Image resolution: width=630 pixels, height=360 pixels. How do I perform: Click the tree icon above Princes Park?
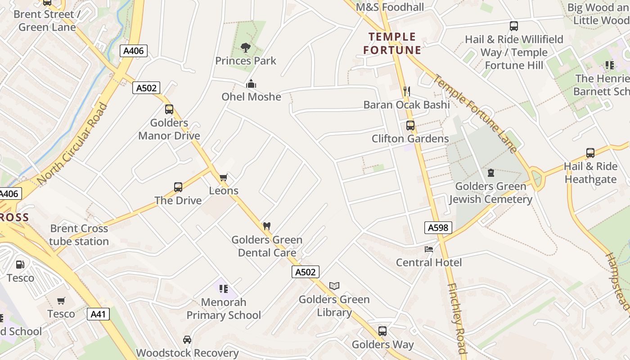245,47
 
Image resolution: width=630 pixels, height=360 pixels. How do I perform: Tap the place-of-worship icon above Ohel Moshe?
251,84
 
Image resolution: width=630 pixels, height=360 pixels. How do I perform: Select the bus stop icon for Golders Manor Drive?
169,109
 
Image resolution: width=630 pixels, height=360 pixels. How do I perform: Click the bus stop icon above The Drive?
178,187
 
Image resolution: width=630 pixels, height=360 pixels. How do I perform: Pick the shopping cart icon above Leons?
224,177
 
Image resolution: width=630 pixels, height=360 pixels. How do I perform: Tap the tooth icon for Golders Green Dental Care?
267,226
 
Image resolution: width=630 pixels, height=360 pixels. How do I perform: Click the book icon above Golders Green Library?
334,286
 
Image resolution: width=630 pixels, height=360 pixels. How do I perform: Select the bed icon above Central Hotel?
429,249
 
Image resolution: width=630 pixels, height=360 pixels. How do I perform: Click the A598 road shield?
438,228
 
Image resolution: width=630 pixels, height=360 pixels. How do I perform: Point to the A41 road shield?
98,314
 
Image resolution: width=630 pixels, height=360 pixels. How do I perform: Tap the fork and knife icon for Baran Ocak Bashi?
406,91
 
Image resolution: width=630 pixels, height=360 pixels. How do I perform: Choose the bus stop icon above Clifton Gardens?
410,126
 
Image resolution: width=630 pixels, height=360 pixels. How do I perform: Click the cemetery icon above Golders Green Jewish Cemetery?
490,173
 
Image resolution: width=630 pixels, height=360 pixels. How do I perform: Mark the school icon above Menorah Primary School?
224,288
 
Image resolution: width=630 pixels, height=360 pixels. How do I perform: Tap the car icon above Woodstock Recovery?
187,340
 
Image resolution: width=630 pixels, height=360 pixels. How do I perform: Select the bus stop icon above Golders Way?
382,331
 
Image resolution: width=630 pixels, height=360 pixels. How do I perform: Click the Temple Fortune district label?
392,43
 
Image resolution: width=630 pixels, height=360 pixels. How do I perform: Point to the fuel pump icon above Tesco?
20,265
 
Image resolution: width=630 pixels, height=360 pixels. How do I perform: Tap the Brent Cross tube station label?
79,235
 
